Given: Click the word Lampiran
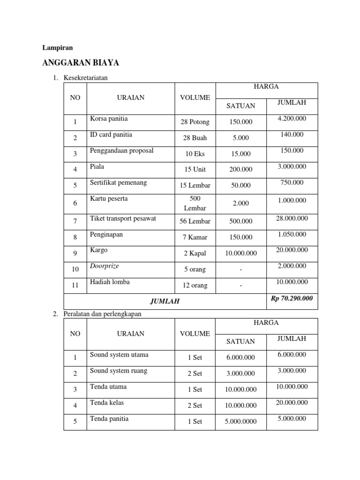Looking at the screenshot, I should [58, 47].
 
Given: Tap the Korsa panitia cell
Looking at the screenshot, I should [109, 119].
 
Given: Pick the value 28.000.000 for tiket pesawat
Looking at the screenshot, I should [292, 218].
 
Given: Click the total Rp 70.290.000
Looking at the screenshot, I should [292, 298].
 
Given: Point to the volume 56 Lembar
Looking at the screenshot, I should [195, 221].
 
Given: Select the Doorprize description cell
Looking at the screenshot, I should [105, 266].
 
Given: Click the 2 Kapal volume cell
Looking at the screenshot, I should [195, 253].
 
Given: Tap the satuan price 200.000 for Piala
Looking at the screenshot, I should [240, 170].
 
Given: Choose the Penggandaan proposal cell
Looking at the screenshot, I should [121, 150].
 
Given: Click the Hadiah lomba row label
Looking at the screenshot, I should [110, 282].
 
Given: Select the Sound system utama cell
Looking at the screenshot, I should [119, 354].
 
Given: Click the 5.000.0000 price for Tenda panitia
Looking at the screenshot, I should [240, 421].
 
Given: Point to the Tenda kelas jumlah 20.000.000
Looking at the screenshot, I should [292, 402].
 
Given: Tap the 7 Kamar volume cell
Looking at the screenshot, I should [195, 237].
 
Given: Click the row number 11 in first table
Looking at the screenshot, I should [75, 285].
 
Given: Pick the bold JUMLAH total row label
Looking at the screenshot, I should [164, 302].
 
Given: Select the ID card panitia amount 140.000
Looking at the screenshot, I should [292, 135].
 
